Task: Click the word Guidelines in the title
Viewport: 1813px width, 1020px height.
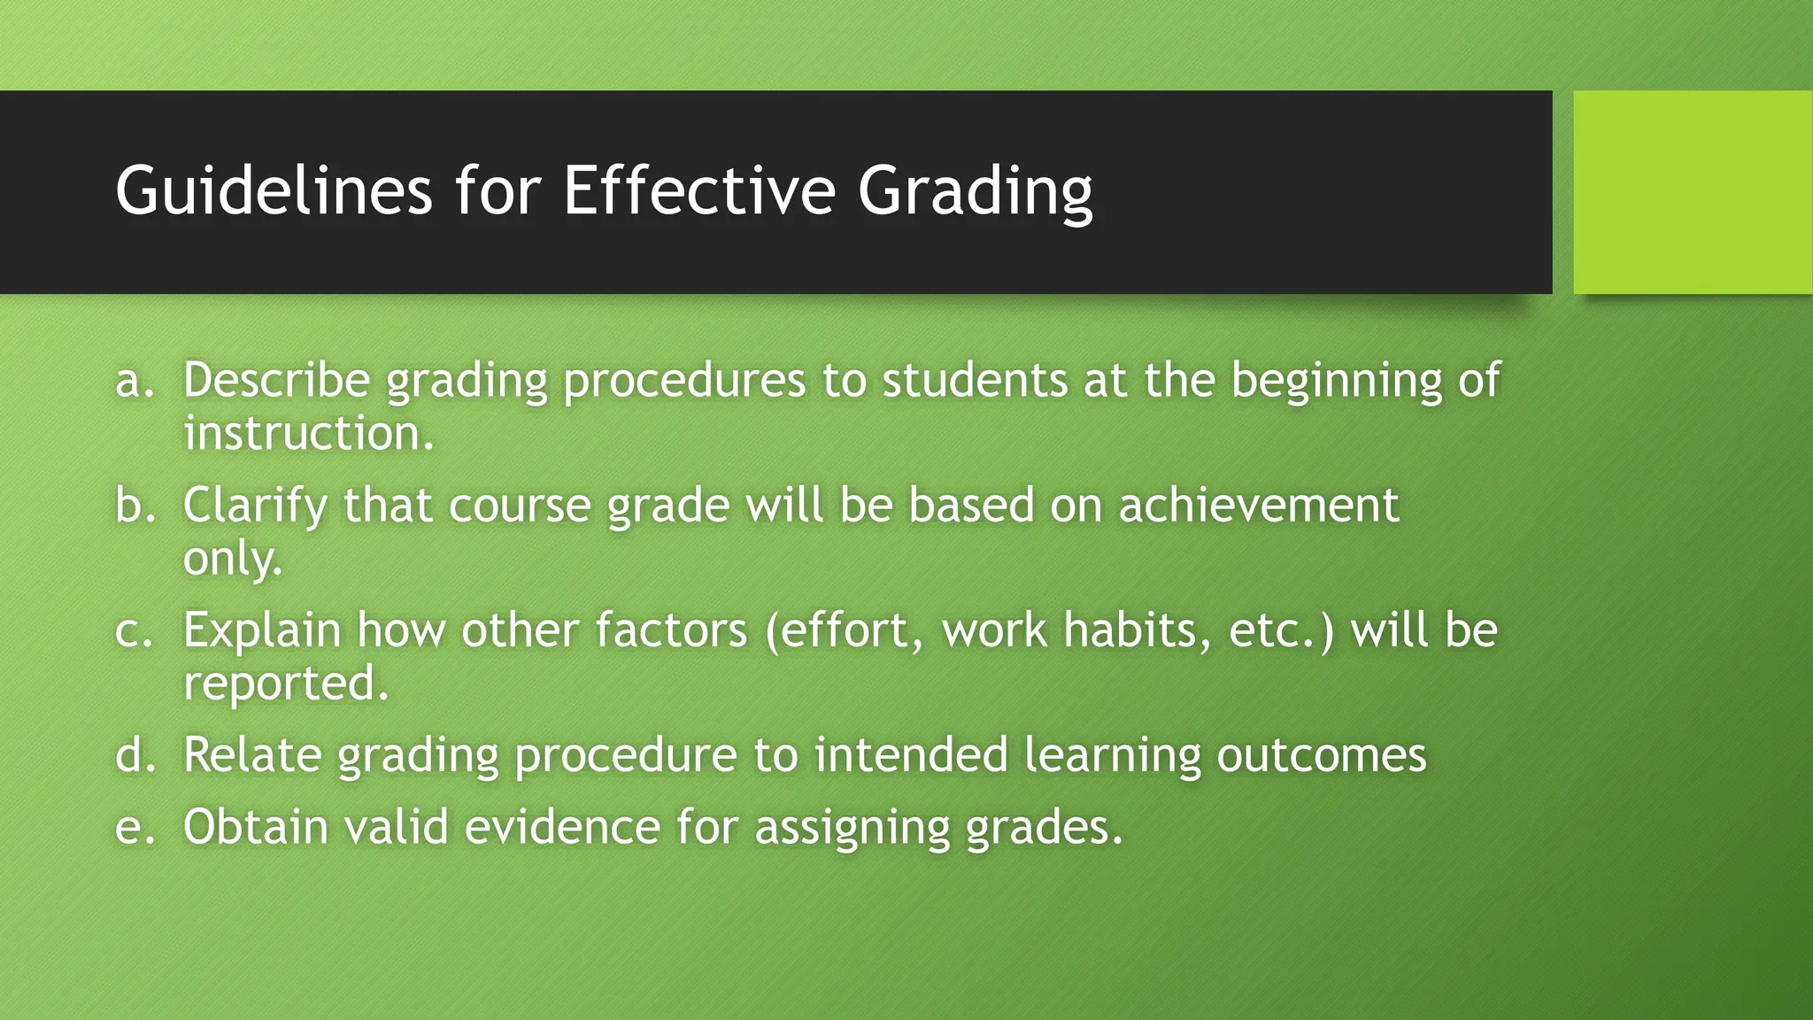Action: tap(274, 191)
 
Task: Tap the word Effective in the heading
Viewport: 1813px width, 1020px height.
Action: tap(699, 191)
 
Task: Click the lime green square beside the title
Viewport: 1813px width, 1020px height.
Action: tap(1692, 192)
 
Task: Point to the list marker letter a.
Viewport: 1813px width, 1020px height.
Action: tap(134, 381)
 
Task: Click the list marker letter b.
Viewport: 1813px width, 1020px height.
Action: tap(134, 506)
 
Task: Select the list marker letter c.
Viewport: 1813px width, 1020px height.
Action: tap(134, 630)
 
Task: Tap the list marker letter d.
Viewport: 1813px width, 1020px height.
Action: tap(134, 755)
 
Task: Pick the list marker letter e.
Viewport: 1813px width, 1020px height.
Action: tap(134, 827)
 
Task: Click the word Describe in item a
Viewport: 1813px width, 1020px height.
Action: tap(276, 380)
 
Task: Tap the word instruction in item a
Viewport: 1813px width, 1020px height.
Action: tap(308, 434)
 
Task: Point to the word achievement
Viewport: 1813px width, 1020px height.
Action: tap(1258, 505)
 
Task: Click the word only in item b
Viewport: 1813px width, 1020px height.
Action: tap(232, 560)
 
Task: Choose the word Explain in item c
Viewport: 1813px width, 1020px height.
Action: tap(262, 631)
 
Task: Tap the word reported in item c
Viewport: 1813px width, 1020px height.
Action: tap(285, 684)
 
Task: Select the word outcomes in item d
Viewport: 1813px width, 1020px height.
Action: tap(1321, 755)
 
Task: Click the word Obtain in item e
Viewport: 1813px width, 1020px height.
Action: tap(256, 827)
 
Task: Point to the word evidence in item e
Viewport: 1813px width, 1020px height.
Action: tap(562, 827)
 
